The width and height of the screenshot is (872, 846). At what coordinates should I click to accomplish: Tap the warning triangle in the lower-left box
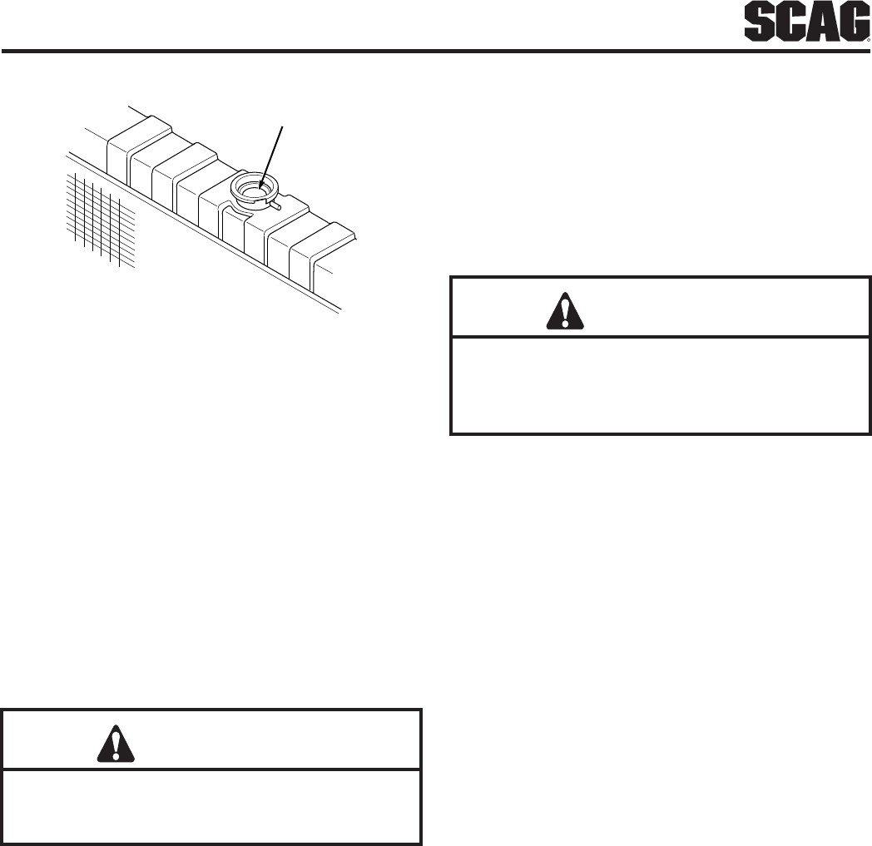pos(116,741)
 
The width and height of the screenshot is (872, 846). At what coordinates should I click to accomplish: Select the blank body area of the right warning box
pos(660,384)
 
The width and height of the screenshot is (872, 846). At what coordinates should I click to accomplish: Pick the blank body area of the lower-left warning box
pos(212,805)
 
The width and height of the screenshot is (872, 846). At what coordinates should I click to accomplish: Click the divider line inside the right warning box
pos(660,337)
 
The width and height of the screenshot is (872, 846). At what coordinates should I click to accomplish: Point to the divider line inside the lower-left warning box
pos(212,769)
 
